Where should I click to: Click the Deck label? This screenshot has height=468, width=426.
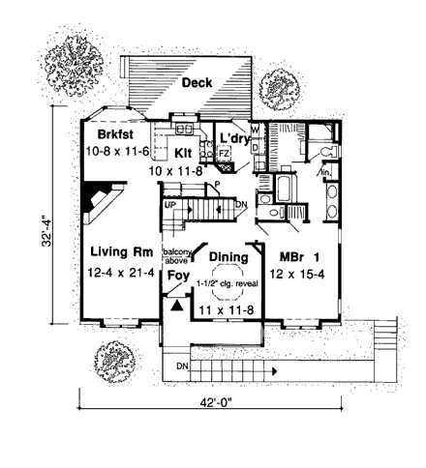point(198,84)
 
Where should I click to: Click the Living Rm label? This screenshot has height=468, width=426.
point(116,251)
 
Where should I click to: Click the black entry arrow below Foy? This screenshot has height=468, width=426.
point(175,303)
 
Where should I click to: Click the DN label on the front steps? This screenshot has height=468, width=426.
point(182,366)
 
